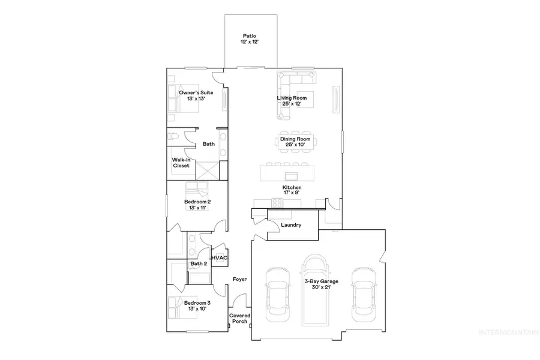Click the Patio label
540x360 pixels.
[250, 40]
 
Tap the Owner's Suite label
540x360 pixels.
[196, 95]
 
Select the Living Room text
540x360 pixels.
[292, 101]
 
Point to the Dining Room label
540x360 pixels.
[292, 142]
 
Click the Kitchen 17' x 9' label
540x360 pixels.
[292, 190]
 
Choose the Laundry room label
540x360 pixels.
[290, 225]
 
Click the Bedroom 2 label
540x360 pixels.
[197, 205]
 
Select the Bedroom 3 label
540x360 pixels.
[197, 306]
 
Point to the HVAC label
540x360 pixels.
[219, 258]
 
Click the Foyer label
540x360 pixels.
[240, 280]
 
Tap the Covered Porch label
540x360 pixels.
[240, 319]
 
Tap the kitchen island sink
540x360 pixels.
[293, 176]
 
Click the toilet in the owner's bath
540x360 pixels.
[173, 137]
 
